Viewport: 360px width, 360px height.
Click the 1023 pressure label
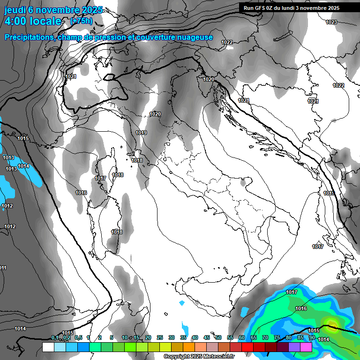[x=331, y=22]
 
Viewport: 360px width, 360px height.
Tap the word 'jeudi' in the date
[x=15, y=9]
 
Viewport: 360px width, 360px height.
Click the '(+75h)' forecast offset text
[x=81, y=21]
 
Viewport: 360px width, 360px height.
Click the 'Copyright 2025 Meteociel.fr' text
[x=199, y=356]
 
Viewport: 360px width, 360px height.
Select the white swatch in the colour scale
[x=48, y=347]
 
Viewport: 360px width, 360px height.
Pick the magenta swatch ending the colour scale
[x=306, y=347]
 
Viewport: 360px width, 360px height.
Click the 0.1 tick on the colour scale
[x=55, y=337]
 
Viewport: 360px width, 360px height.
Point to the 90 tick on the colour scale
[x=312, y=337]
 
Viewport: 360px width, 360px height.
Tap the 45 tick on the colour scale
[x=207, y=337]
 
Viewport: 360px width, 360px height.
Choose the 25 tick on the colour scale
[x=160, y=337]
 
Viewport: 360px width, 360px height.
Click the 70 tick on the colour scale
[x=265, y=337]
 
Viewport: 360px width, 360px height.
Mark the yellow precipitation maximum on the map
[x=332, y=322]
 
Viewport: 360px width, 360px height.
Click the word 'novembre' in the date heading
[x=58, y=9]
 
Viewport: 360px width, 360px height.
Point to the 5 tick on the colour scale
[x=111, y=337]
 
